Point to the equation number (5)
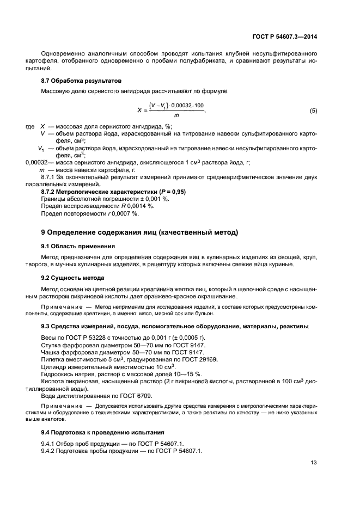pyautogui.click(x=313, y=111)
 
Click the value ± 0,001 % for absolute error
pyautogui.click(x=156, y=199)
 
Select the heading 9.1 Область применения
pyautogui.click(x=78, y=246)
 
